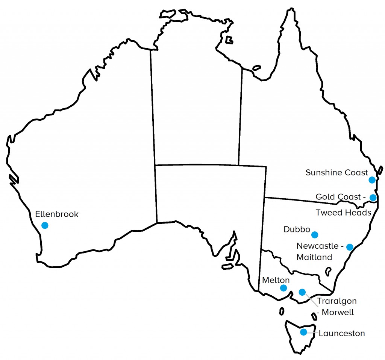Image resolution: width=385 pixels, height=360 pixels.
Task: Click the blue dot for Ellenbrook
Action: coord(45,225)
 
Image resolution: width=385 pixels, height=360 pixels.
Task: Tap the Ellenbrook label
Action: coord(57,214)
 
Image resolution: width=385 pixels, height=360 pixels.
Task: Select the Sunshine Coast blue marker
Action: coord(372,180)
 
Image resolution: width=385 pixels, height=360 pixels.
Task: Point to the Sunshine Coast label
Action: coord(336,173)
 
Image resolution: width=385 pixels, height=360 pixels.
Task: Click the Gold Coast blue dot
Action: coord(373,197)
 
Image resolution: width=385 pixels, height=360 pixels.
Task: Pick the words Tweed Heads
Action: coord(343,213)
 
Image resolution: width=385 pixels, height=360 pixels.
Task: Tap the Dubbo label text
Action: coord(297,229)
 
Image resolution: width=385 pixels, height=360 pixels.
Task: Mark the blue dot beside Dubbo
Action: coord(315,235)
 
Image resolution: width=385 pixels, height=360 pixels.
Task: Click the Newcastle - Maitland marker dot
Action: coord(350,247)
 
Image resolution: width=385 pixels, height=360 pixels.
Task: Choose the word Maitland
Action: coord(314,257)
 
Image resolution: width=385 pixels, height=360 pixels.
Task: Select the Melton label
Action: coord(276,280)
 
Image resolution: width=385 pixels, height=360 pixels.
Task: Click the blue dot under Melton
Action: coord(283,288)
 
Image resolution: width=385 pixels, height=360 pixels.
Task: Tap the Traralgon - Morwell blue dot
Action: coord(302,292)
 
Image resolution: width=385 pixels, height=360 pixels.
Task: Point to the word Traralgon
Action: coord(336,301)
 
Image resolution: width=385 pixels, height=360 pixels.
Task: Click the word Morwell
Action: coord(338,312)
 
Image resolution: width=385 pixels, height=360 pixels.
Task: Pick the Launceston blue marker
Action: coord(303,332)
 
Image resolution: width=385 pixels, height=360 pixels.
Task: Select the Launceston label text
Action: coord(342,333)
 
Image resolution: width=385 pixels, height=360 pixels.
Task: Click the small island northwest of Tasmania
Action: coord(282,311)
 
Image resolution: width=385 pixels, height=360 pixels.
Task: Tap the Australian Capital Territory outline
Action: coord(328,270)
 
